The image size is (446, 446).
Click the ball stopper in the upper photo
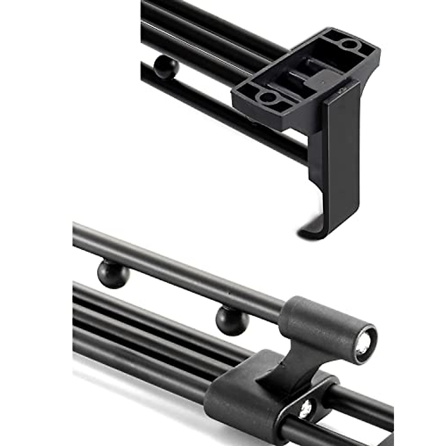(x=166, y=67)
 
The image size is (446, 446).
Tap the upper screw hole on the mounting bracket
(x=348, y=44)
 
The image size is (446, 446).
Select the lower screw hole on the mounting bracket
(x=266, y=98)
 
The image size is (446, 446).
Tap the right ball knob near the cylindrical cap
(x=232, y=320)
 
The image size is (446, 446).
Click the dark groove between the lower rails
(x=149, y=327)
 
